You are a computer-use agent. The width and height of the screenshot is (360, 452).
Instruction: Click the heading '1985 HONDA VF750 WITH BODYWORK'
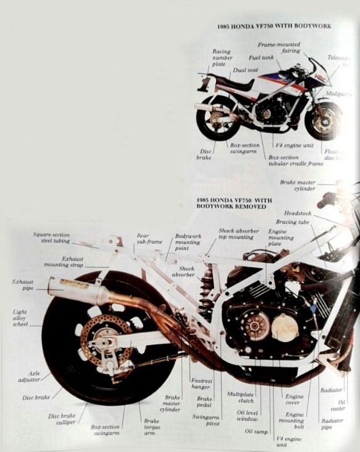(x=274, y=26)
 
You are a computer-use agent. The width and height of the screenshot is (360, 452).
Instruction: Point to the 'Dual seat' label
(x=245, y=70)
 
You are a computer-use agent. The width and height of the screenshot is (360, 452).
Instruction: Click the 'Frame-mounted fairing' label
(x=279, y=48)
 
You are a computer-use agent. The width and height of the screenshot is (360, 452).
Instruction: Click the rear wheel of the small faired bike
(x=217, y=117)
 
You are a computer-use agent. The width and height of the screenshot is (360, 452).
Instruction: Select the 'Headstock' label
(x=297, y=213)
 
